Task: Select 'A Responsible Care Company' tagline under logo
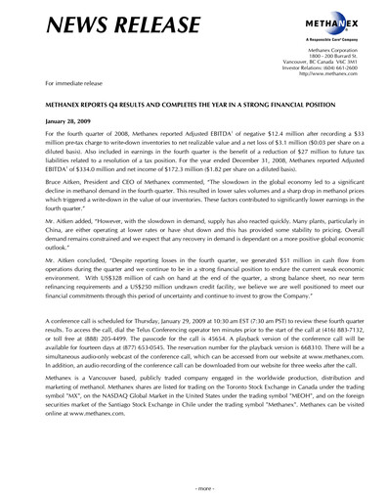click(330, 39)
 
